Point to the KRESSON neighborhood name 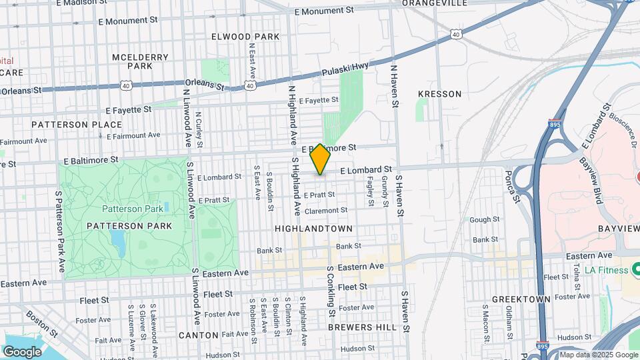[x=439, y=94]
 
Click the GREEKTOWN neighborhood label [x=521, y=299]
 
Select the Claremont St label [x=326, y=211]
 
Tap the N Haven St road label [x=394, y=86]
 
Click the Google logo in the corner [x=22, y=351]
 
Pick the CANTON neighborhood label [x=199, y=335]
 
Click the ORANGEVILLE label [x=434, y=3]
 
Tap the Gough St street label [x=484, y=219]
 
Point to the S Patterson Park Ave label [x=61, y=231]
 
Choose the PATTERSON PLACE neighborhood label [x=77, y=125]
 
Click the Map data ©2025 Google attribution [x=597, y=355]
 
